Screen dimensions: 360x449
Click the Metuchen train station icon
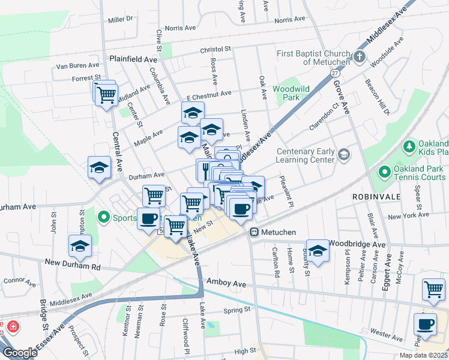[254, 232]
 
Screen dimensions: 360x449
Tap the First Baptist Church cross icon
[359, 58]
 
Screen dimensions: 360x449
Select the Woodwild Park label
[291, 92]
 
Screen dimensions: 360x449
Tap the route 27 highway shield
[334, 72]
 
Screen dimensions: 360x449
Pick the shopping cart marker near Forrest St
[106, 94]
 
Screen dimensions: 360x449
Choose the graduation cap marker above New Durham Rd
[80, 246]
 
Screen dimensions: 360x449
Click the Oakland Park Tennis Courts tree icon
[384, 173]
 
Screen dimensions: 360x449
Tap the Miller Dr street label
[120, 19]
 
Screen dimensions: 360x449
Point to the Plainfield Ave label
[133, 59]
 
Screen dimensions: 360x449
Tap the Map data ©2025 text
[423, 355]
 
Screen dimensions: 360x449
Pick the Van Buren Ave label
[77, 65]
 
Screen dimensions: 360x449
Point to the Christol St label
[215, 50]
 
